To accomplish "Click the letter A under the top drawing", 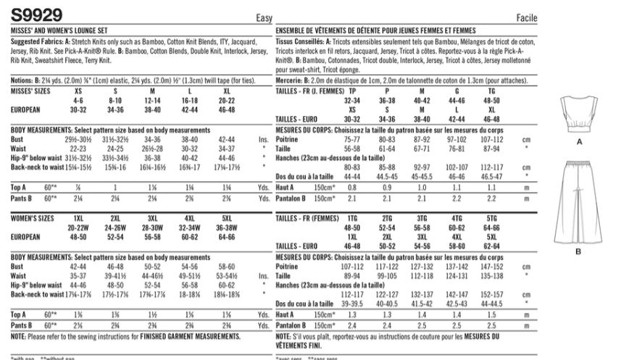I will (578, 143).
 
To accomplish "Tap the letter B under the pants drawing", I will (578, 251).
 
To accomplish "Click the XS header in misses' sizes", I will (78, 93).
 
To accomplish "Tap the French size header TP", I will (353, 93).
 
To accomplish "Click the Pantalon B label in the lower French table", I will (293, 326).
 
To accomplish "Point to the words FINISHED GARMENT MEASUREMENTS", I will (196, 337).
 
